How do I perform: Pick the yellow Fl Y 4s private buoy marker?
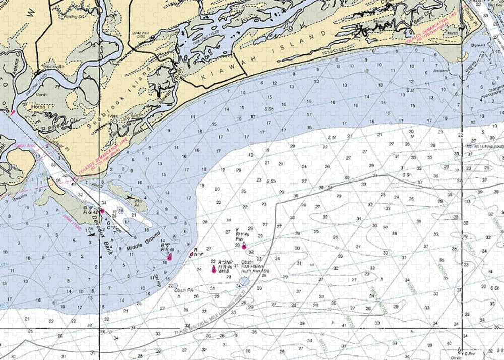click(x=245, y=246)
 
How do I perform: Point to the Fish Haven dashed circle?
click(x=244, y=281)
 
